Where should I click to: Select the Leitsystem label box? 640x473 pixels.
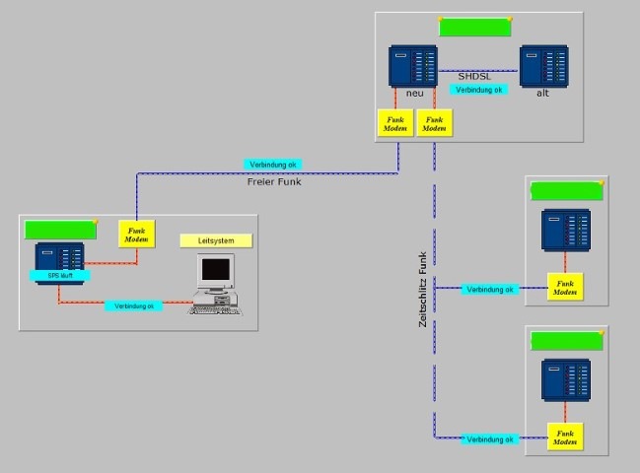216,240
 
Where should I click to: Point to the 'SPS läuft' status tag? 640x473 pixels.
60,276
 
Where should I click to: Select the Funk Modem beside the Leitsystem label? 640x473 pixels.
136,234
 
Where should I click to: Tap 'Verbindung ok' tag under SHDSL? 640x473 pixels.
479,90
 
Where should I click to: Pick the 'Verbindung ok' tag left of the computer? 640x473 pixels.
134,306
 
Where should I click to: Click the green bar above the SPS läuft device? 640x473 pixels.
60,229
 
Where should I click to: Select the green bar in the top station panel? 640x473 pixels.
473,28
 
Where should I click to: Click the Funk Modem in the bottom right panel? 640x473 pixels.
565,437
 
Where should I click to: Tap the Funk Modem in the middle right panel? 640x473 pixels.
565,287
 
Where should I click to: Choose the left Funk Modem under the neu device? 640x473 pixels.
391,123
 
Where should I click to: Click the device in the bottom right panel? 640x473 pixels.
565,380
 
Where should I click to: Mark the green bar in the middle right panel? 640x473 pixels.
565,191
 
